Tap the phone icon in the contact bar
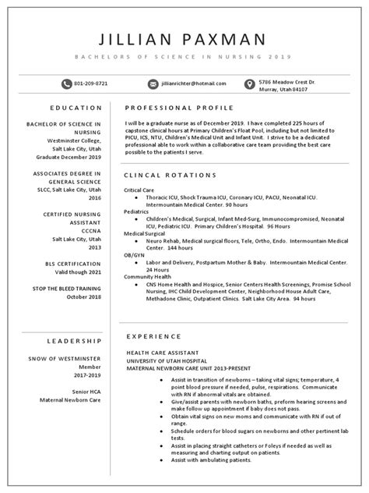point(65,83)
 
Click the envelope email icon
point(153,83)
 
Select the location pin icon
point(249,83)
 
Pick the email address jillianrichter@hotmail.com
point(194,83)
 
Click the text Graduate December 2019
point(69,158)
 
